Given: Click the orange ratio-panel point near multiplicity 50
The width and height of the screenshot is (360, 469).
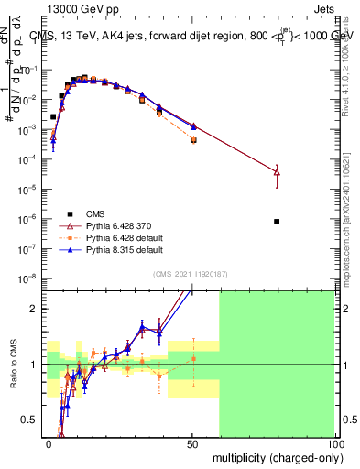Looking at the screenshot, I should [x=193, y=358].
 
